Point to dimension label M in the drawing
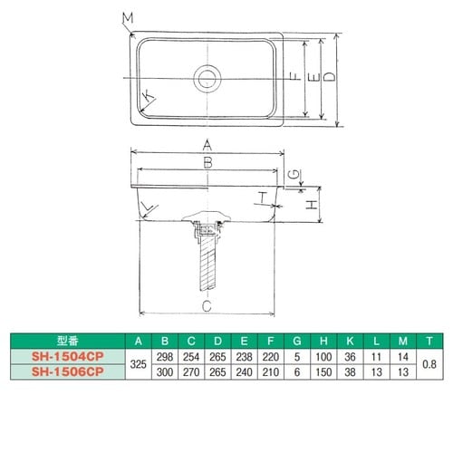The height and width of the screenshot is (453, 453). [x=127, y=17]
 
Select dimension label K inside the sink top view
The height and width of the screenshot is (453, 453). [x=147, y=96]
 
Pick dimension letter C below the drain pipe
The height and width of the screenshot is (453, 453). [x=207, y=306]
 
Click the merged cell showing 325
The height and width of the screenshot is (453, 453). [x=137, y=364]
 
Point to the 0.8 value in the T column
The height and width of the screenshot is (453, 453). [x=428, y=364]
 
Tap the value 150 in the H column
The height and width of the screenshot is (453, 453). [x=322, y=371]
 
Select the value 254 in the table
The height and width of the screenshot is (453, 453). [x=191, y=356]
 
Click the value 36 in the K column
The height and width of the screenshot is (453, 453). [x=348, y=356]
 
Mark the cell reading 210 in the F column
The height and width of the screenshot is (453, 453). [x=270, y=371]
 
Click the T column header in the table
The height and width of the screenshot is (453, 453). [x=428, y=341]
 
